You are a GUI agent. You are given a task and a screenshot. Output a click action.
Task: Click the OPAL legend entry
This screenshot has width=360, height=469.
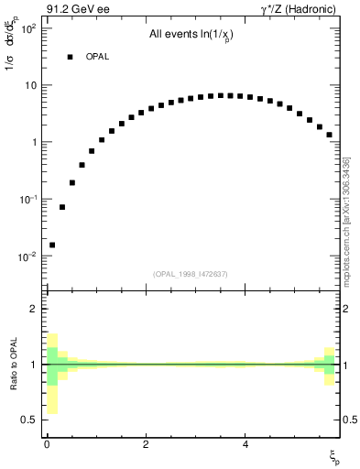(x=97, y=57)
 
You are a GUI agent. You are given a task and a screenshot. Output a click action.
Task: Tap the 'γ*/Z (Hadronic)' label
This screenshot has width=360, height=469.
(x=300, y=11)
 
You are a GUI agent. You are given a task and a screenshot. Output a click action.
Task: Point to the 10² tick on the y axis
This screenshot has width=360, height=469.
(x=27, y=28)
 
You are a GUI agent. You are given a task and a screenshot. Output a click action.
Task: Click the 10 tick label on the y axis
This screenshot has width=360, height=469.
(x=29, y=85)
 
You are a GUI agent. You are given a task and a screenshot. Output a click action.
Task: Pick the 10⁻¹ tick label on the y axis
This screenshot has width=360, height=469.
(x=27, y=199)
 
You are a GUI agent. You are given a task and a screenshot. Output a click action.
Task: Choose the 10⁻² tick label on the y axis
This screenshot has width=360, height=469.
(x=27, y=256)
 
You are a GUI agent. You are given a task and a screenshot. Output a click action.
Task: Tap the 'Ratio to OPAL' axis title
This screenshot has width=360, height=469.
(x=13, y=364)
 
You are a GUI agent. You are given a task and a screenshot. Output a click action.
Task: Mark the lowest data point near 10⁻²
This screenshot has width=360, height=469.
(x=52, y=245)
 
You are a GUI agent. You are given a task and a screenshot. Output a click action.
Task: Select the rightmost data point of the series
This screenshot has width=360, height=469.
(x=329, y=135)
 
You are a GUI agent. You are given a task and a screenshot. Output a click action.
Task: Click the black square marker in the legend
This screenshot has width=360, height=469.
(x=70, y=57)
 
